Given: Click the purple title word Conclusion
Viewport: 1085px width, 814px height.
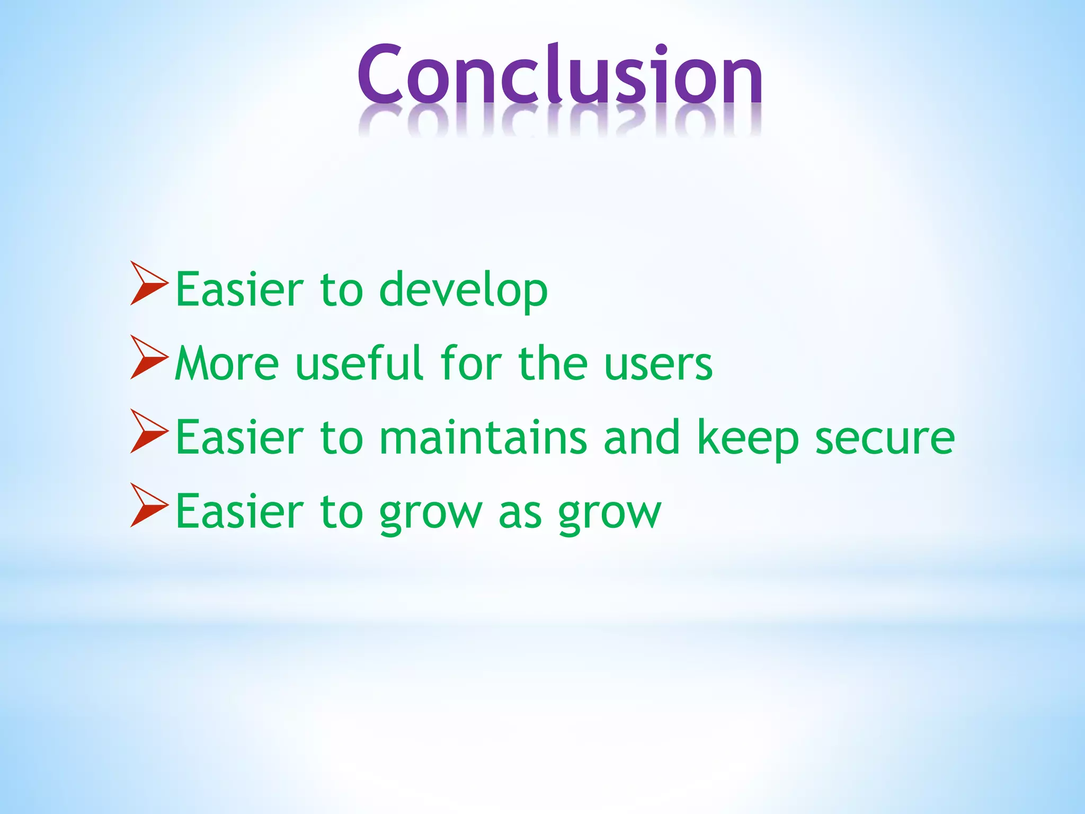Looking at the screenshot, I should pos(560,74).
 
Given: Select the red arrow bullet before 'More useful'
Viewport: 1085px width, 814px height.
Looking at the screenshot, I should pos(148,358).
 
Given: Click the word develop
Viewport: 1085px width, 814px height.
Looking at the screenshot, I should pos(464,290).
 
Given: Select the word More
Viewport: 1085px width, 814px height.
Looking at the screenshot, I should pos(227,364).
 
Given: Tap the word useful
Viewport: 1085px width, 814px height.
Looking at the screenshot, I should pos(360,363).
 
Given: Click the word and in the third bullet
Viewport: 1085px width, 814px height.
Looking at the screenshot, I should pos(642,437).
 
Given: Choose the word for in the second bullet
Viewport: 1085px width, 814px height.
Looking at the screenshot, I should pos(471,363).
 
